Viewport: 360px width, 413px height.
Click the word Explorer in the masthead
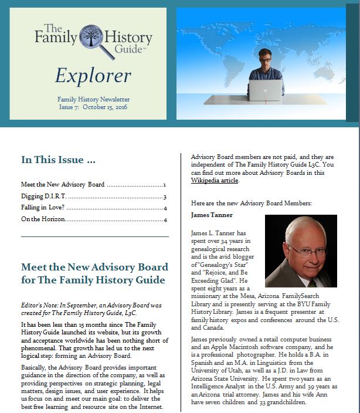click(x=93, y=75)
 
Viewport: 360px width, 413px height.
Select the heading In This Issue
click(x=58, y=160)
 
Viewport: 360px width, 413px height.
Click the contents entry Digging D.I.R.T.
click(x=42, y=197)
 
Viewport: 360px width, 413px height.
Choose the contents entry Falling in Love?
click(x=41, y=208)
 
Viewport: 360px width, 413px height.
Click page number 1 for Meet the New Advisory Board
click(x=165, y=185)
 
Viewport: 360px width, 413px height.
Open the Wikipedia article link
click(x=215, y=181)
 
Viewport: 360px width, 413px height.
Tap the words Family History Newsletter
click(x=93, y=99)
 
